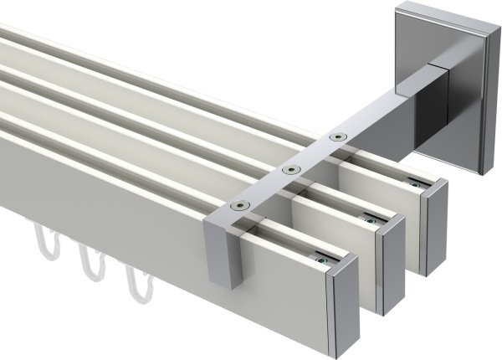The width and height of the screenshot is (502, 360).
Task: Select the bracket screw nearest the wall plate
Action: tap(337, 136)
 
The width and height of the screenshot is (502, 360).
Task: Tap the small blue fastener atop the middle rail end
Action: tap(370, 219)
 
